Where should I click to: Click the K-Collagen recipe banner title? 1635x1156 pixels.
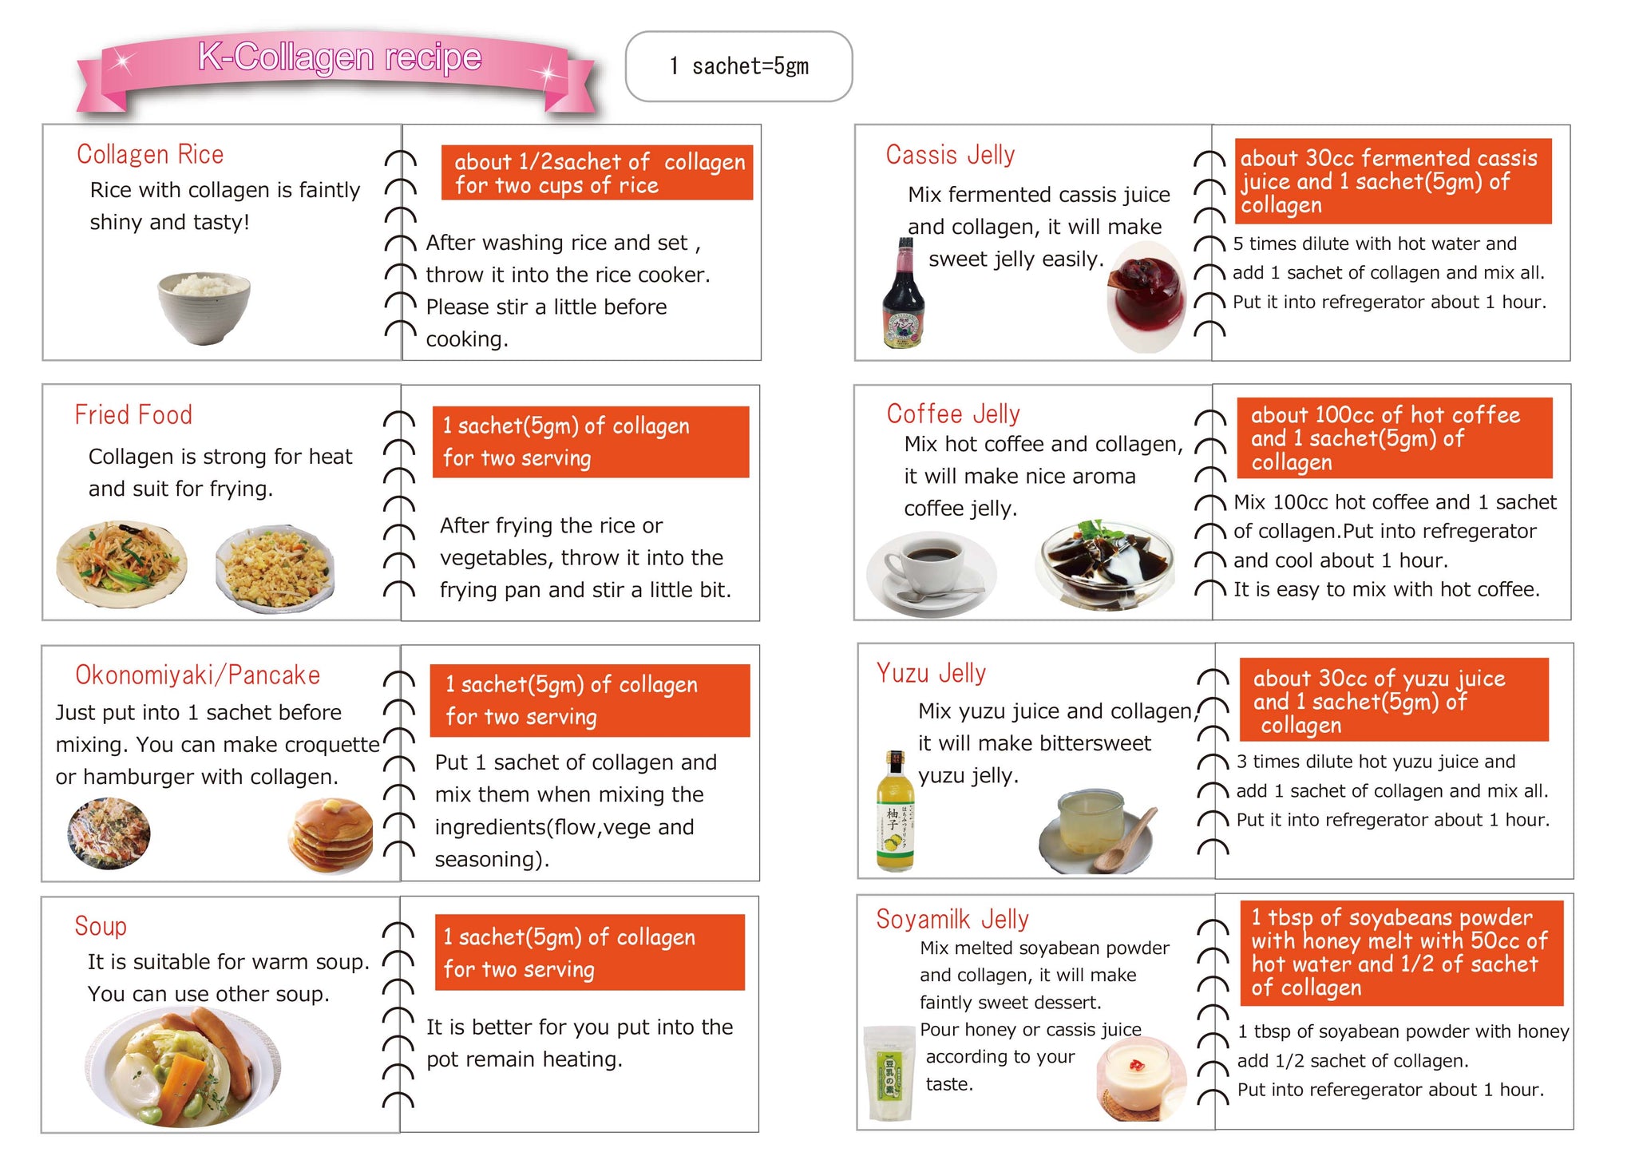(x=340, y=57)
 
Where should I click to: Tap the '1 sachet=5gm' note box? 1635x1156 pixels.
(x=738, y=66)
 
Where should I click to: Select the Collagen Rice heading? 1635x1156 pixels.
(x=150, y=154)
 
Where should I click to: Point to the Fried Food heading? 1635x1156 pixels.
(x=133, y=414)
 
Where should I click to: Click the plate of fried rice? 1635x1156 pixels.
(x=275, y=568)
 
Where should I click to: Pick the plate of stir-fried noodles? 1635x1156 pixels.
(x=122, y=563)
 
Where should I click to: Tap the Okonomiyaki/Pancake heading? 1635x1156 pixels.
(x=197, y=675)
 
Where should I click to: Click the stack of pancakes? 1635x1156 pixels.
(x=331, y=834)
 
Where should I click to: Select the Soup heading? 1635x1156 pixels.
(x=101, y=926)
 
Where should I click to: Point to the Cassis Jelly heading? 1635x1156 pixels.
(x=950, y=154)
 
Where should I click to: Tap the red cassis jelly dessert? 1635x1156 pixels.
(x=1146, y=296)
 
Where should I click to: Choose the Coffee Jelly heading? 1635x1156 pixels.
(x=953, y=414)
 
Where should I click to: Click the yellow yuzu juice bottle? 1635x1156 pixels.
(x=895, y=811)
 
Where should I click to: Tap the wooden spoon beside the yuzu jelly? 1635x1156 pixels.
(x=1126, y=840)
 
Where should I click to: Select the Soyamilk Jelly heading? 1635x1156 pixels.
(x=952, y=919)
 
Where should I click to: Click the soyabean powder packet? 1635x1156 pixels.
(x=889, y=1073)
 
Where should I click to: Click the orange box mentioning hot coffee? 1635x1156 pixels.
(x=1395, y=437)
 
